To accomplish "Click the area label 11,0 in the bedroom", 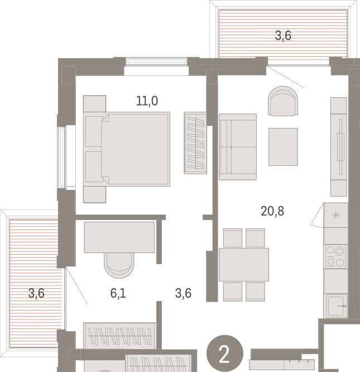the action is pyautogui.click(x=147, y=101).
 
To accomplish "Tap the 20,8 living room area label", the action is pyautogui.click(x=272, y=211).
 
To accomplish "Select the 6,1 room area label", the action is pyautogui.click(x=118, y=293).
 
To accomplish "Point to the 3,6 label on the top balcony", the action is pyautogui.click(x=283, y=36).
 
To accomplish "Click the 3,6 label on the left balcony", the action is pyautogui.click(x=36, y=293).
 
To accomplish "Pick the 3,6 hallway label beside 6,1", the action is pyautogui.click(x=183, y=293).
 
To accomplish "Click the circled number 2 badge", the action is pyautogui.click(x=225, y=353).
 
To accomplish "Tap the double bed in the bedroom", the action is pyautogui.click(x=127, y=149).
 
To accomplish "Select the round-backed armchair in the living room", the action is pyautogui.click(x=283, y=101).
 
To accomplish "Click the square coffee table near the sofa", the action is pyautogui.click(x=283, y=147).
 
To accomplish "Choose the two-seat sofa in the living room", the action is pyautogui.click(x=238, y=147).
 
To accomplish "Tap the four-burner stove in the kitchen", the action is pyautogui.click(x=335, y=257).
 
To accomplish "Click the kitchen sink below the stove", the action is pyautogui.click(x=336, y=306).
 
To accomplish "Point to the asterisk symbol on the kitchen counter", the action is pyautogui.click(x=335, y=216).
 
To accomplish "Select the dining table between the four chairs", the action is pyautogui.click(x=244, y=265).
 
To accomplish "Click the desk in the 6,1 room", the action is pyautogui.click(x=119, y=237).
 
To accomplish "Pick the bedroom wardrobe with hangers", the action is pyautogui.click(x=195, y=143).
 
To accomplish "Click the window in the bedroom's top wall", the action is pyautogui.click(x=156, y=62).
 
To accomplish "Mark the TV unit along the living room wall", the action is pyautogui.click(x=339, y=147).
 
